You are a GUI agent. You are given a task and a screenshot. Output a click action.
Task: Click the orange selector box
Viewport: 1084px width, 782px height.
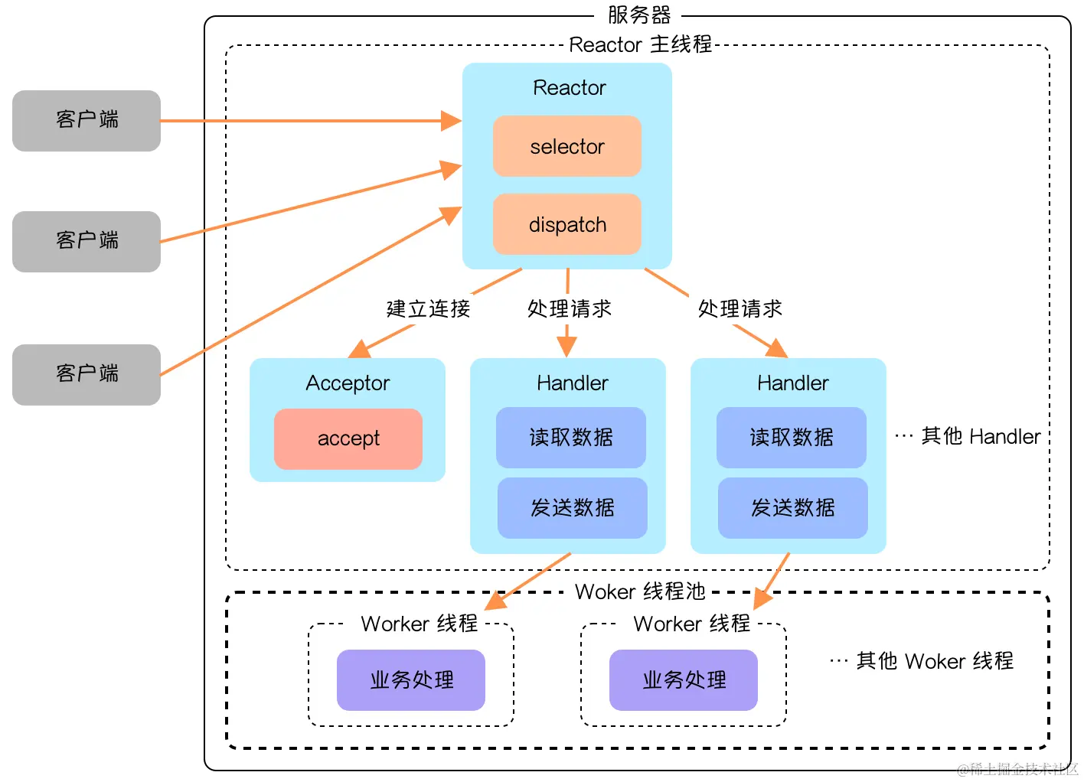tap(566, 146)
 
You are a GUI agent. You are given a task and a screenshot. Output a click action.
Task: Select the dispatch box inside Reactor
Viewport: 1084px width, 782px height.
tap(566, 224)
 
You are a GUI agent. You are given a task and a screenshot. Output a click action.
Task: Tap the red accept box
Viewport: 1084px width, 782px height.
tap(348, 438)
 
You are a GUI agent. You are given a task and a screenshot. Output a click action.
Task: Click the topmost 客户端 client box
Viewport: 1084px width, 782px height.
tap(87, 120)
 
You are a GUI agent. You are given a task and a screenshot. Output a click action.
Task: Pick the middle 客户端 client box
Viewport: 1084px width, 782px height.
tap(87, 241)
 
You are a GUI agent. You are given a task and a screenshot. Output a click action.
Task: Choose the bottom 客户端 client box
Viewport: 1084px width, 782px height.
tap(87, 374)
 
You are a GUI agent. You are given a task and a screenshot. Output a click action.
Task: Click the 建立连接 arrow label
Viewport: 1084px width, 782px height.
tap(428, 309)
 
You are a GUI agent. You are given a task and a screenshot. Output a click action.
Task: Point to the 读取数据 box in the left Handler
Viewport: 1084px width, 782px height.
tap(571, 437)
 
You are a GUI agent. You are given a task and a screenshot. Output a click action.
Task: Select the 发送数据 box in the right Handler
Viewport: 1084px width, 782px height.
tap(792, 507)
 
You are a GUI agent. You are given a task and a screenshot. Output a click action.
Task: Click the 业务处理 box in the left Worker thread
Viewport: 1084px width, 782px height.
tap(411, 679)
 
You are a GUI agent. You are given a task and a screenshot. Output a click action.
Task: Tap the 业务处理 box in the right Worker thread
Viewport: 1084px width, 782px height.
tap(684, 679)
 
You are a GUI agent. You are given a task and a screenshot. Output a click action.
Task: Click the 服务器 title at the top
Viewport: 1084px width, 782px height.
tap(638, 15)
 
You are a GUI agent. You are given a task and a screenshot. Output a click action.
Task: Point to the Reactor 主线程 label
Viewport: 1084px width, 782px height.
tap(640, 44)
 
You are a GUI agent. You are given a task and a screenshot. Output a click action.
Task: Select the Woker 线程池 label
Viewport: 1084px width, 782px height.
tap(640, 591)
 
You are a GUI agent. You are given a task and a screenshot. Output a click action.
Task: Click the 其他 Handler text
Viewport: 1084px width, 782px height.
tap(980, 436)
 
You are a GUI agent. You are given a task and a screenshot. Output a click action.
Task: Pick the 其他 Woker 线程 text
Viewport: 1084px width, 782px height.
tap(934, 661)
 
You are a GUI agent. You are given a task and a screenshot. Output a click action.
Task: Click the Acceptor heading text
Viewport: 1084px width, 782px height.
tap(348, 383)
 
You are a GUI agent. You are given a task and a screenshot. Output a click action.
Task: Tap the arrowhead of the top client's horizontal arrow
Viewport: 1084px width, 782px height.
tap(452, 121)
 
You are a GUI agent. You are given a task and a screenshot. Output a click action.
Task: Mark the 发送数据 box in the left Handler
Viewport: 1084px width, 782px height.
tap(572, 507)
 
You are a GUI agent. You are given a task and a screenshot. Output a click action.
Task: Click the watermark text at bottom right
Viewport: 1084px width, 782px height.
tap(1017, 769)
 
